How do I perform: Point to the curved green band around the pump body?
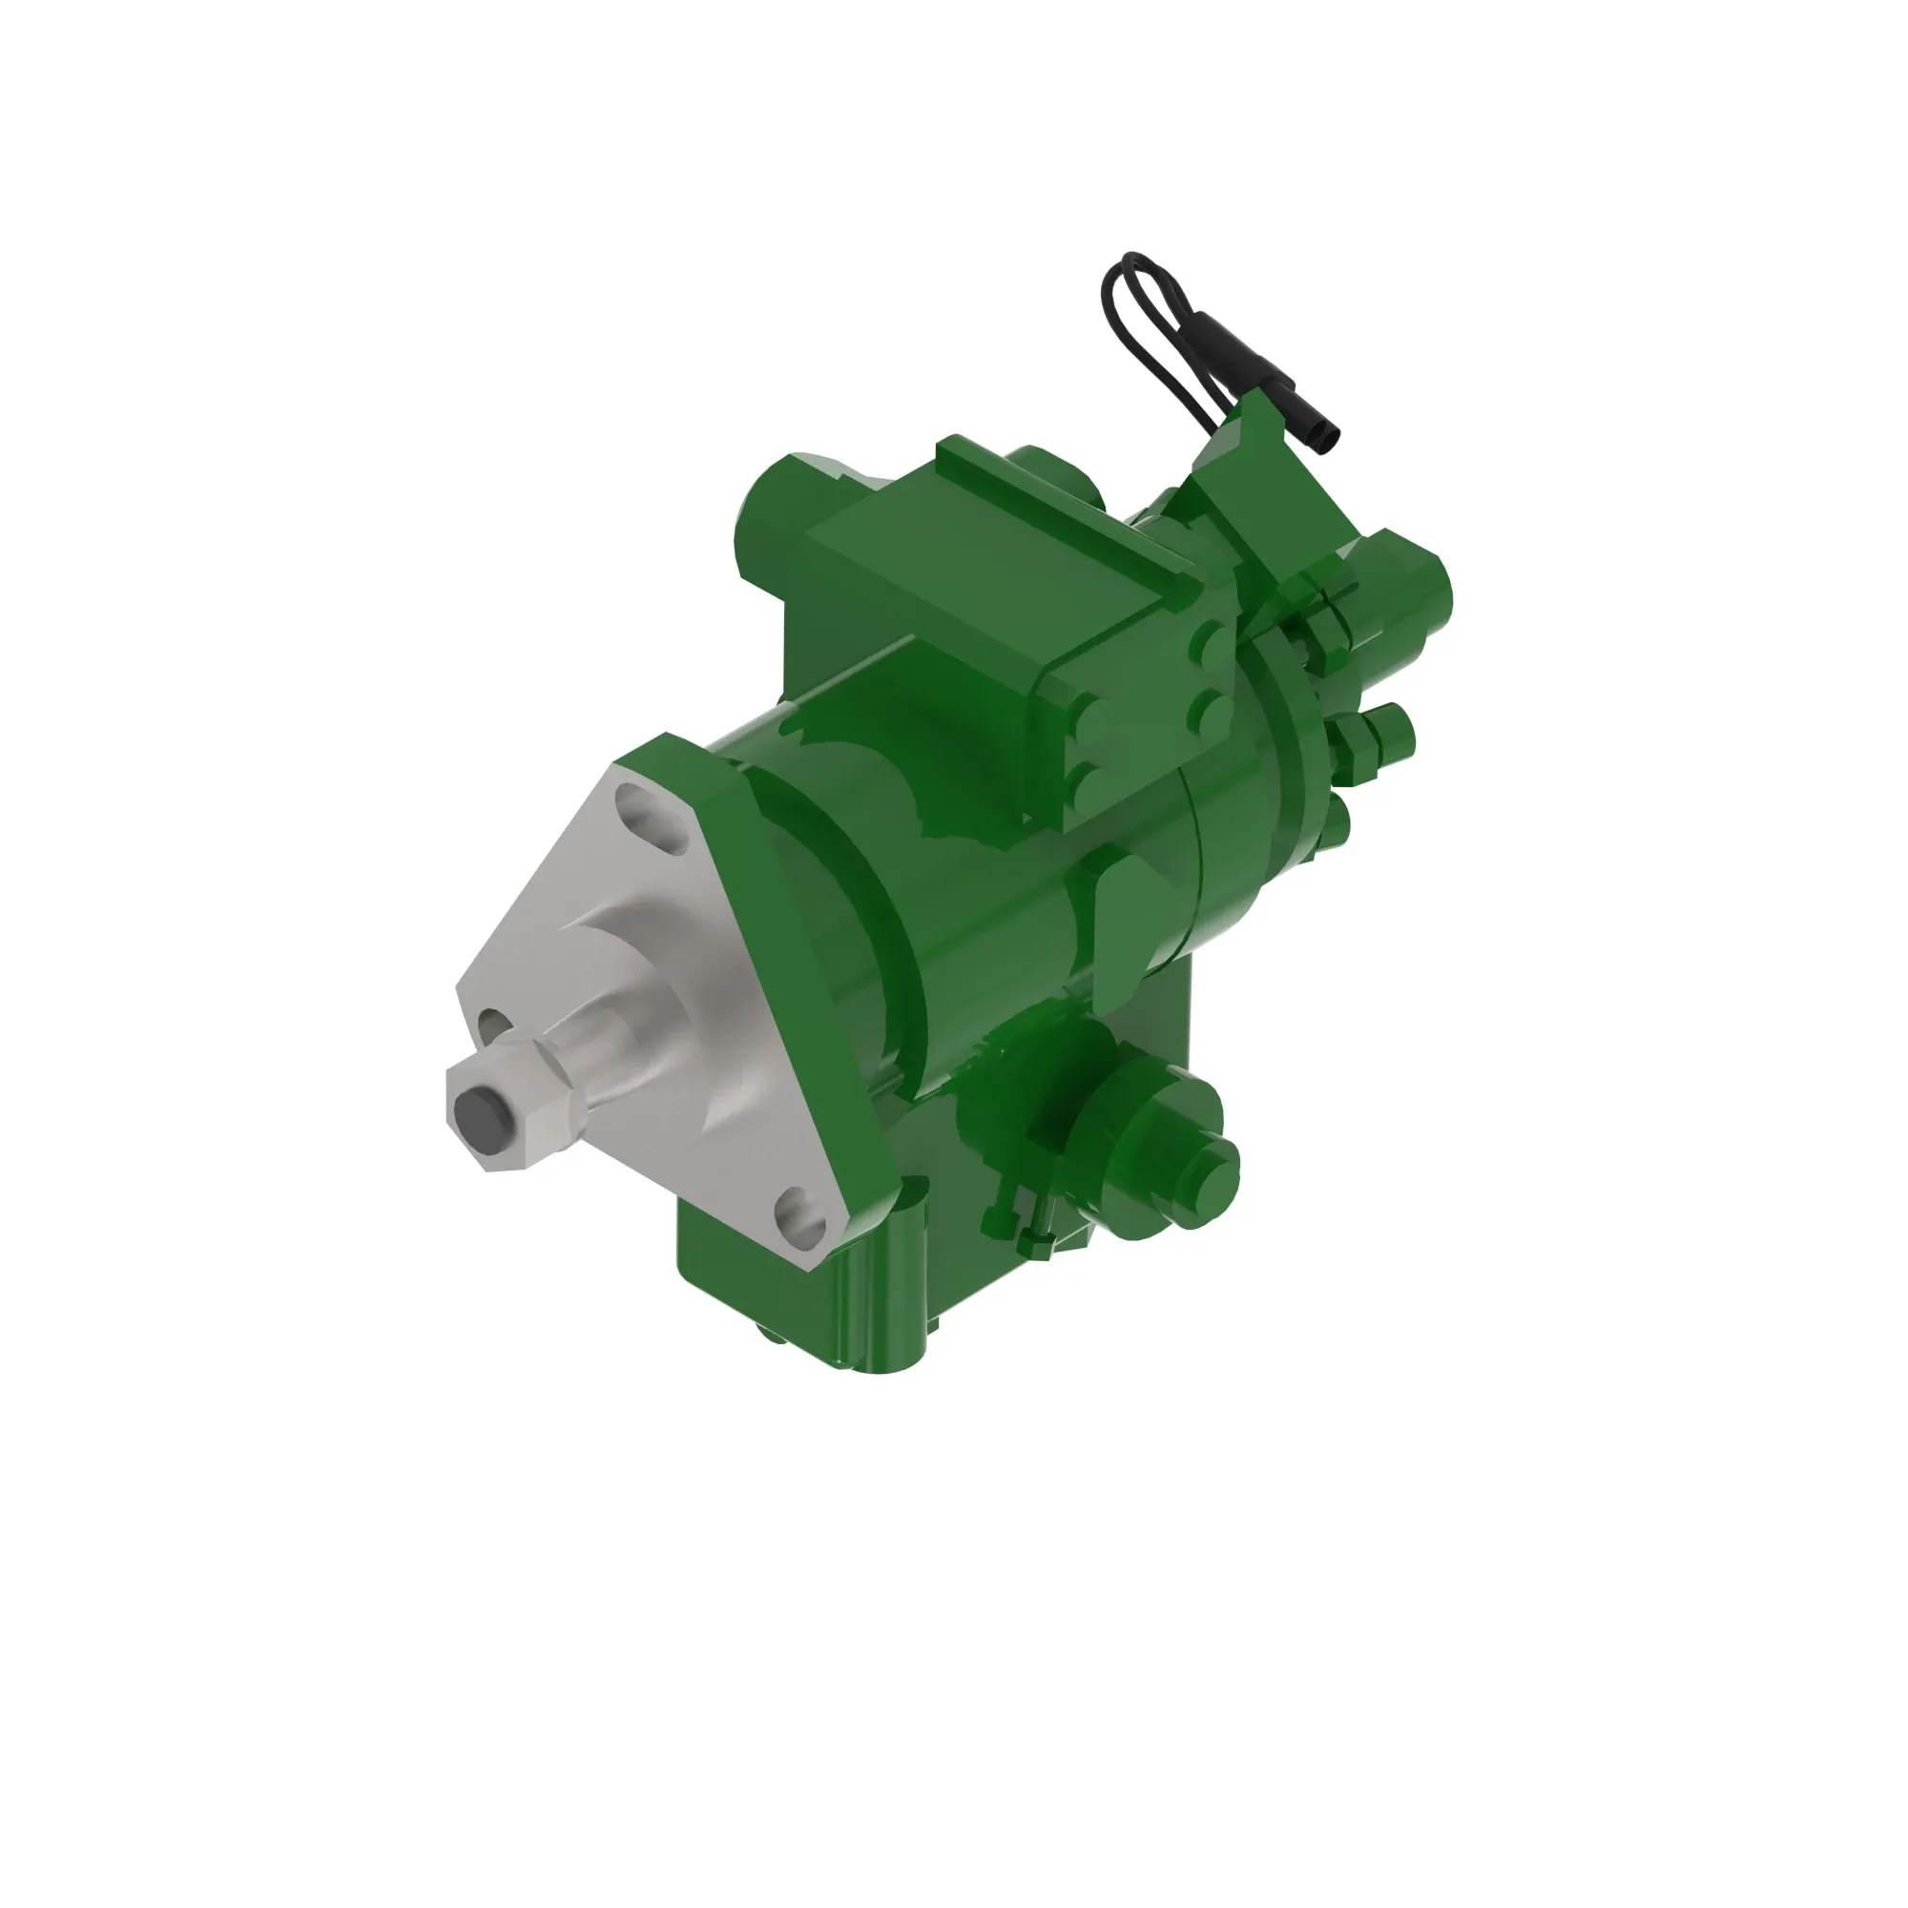tap(869, 889)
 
